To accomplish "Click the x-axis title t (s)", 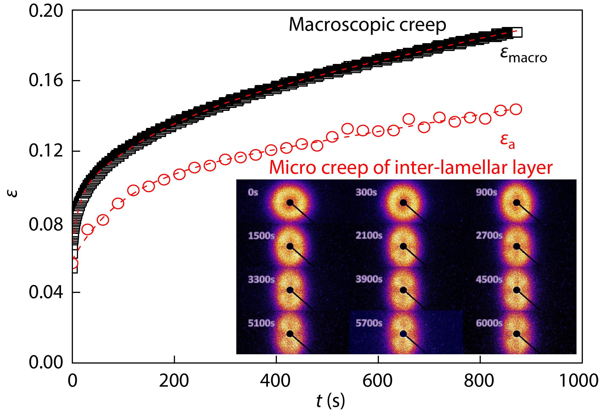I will click(x=331, y=402).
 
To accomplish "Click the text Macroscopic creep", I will click(x=367, y=25).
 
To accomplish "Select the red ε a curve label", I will click(x=507, y=142).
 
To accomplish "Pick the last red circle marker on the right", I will click(x=516, y=109).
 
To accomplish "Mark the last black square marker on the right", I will click(x=517, y=32).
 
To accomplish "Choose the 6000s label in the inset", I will click(x=489, y=323).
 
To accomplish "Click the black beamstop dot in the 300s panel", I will click(x=403, y=203).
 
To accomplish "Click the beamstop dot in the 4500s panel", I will click(x=516, y=290).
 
